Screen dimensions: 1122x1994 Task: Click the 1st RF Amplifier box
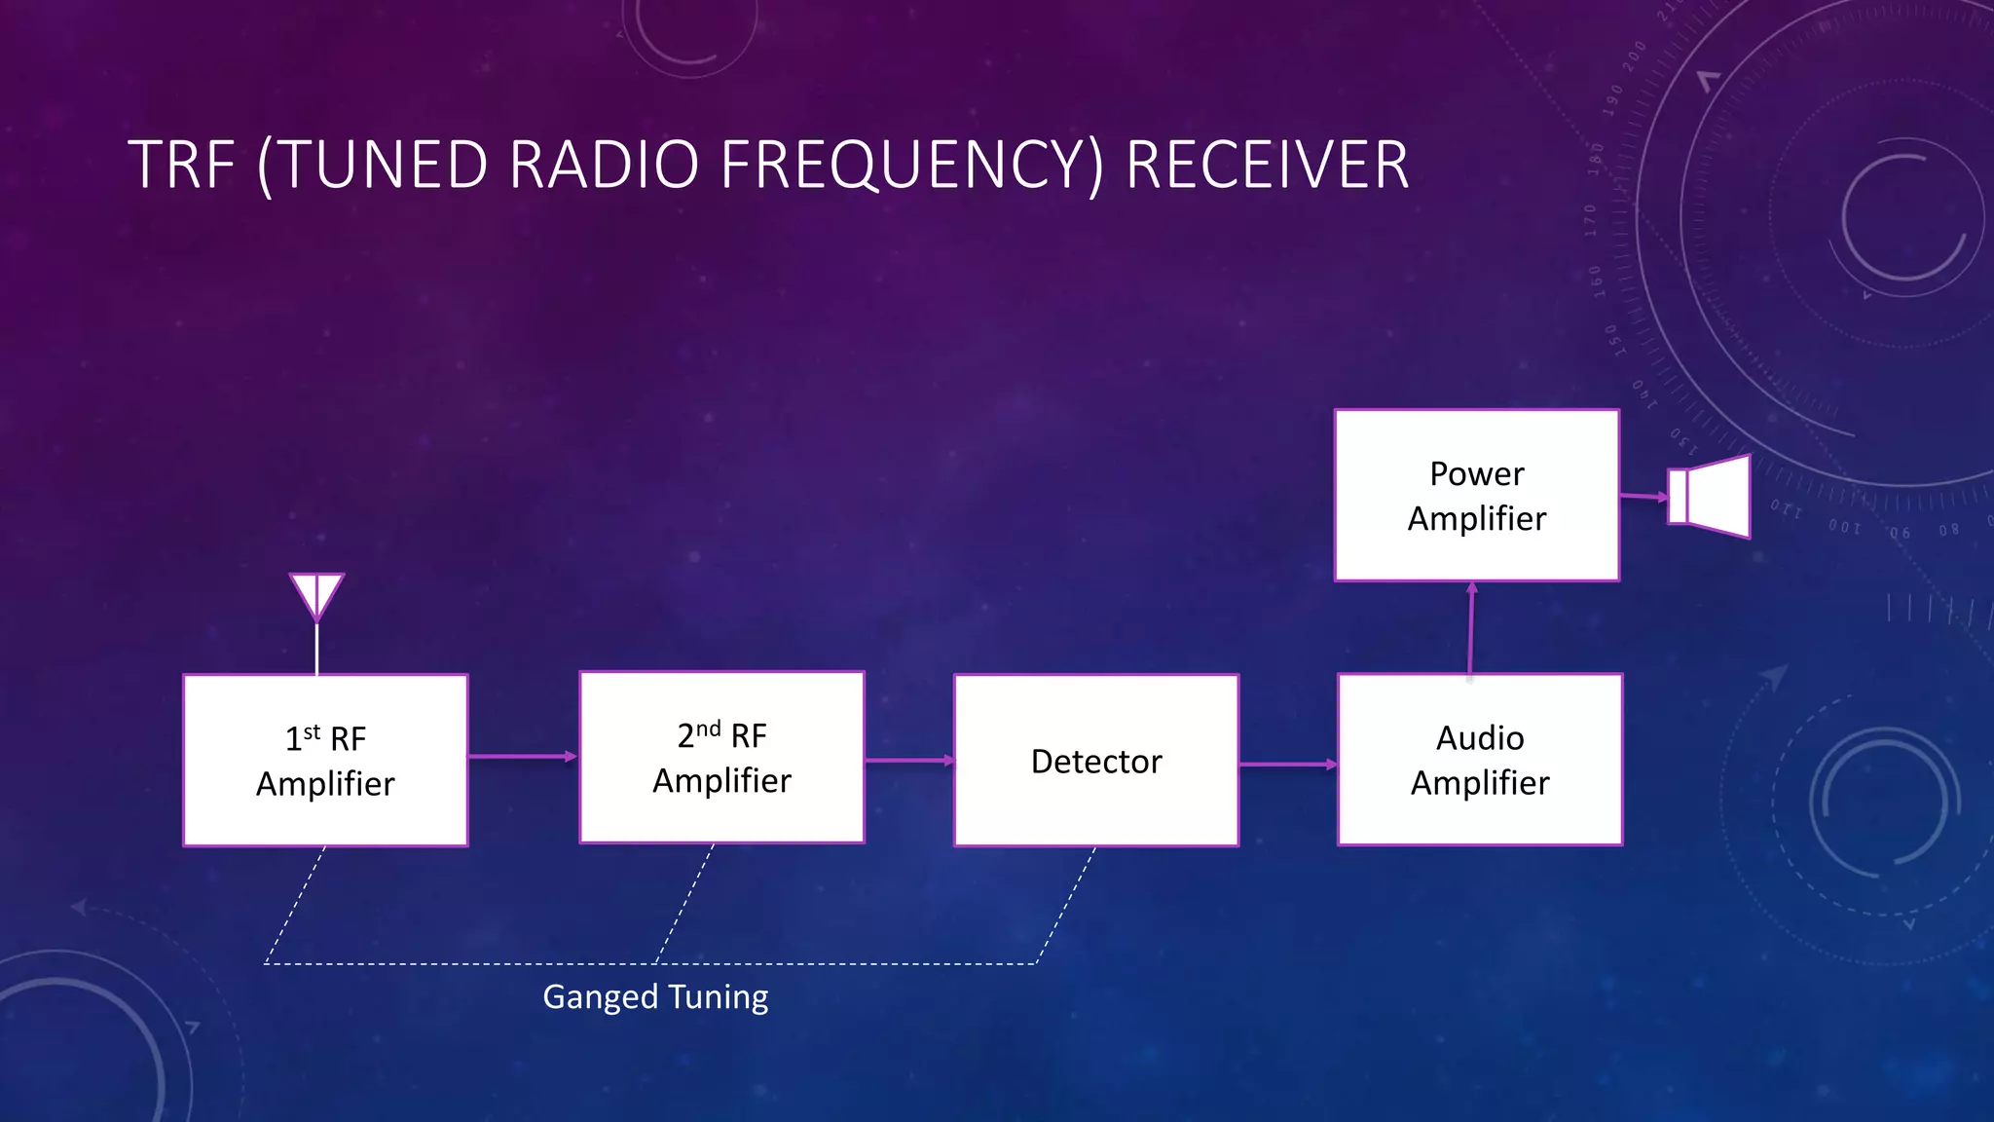click(x=325, y=761)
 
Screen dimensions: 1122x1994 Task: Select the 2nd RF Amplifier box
click(x=721, y=758)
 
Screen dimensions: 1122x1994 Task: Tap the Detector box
click(x=1096, y=761)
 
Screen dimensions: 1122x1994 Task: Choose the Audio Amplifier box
click(x=1480, y=760)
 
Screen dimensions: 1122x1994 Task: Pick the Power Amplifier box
click(x=1477, y=496)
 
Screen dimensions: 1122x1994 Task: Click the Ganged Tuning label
click(x=655, y=997)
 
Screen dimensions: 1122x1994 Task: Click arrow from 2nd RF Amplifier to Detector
click(x=908, y=760)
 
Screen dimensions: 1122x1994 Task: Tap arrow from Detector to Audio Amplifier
click(x=1287, y=765)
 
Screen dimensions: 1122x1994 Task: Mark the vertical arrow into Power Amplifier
click(x=1471, y=628)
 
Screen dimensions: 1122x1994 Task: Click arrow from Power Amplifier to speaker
click(x=1643, y=496)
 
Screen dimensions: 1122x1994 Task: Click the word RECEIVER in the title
click(x=1267, y=165)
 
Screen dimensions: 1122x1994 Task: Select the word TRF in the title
click(x=181, y=165)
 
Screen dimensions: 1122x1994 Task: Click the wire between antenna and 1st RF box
click(x=316, y=648)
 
